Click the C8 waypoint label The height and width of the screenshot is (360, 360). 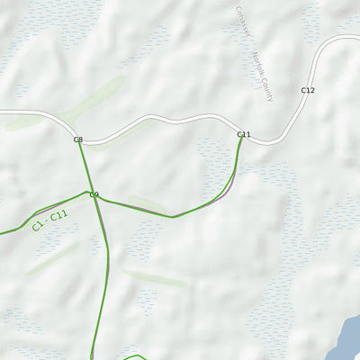[x=77, y=139]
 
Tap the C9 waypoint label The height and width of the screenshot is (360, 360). [x=94, y=194]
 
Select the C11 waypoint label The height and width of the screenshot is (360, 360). [x=243, y=134]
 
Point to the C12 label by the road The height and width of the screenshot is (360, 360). [x=308, y=91]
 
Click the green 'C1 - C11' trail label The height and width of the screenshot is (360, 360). [x=49, y=220]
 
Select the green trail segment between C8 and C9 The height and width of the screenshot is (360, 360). [x=85, y=168]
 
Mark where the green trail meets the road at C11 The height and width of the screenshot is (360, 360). [x=241, y=141]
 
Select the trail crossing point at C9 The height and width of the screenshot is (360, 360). [x=95, y=200]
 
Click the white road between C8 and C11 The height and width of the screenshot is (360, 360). [x=162, y=121]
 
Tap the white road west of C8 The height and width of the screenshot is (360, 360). [x=27, y=112]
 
